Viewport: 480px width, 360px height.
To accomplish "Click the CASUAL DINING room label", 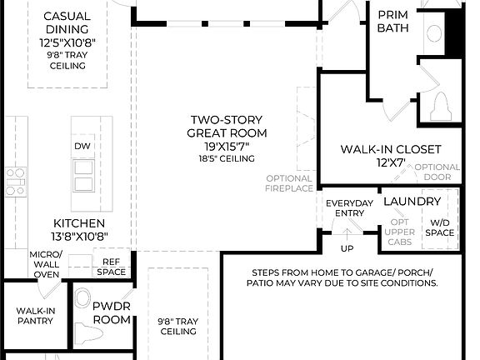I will pos(67,23).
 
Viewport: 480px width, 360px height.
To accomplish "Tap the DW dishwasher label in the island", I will pos(82,146).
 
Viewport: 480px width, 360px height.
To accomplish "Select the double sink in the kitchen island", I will pos(82,176).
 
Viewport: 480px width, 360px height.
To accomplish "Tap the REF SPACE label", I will pos(111,267).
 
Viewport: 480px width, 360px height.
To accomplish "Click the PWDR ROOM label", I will pos(112,312).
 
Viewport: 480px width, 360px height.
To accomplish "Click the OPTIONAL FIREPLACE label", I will pos(289,183).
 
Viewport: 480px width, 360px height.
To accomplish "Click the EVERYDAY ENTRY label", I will pos(349,208).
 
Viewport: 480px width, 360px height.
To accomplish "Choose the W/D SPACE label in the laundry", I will pos(440,227).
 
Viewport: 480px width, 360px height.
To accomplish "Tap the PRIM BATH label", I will pos(392,22).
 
